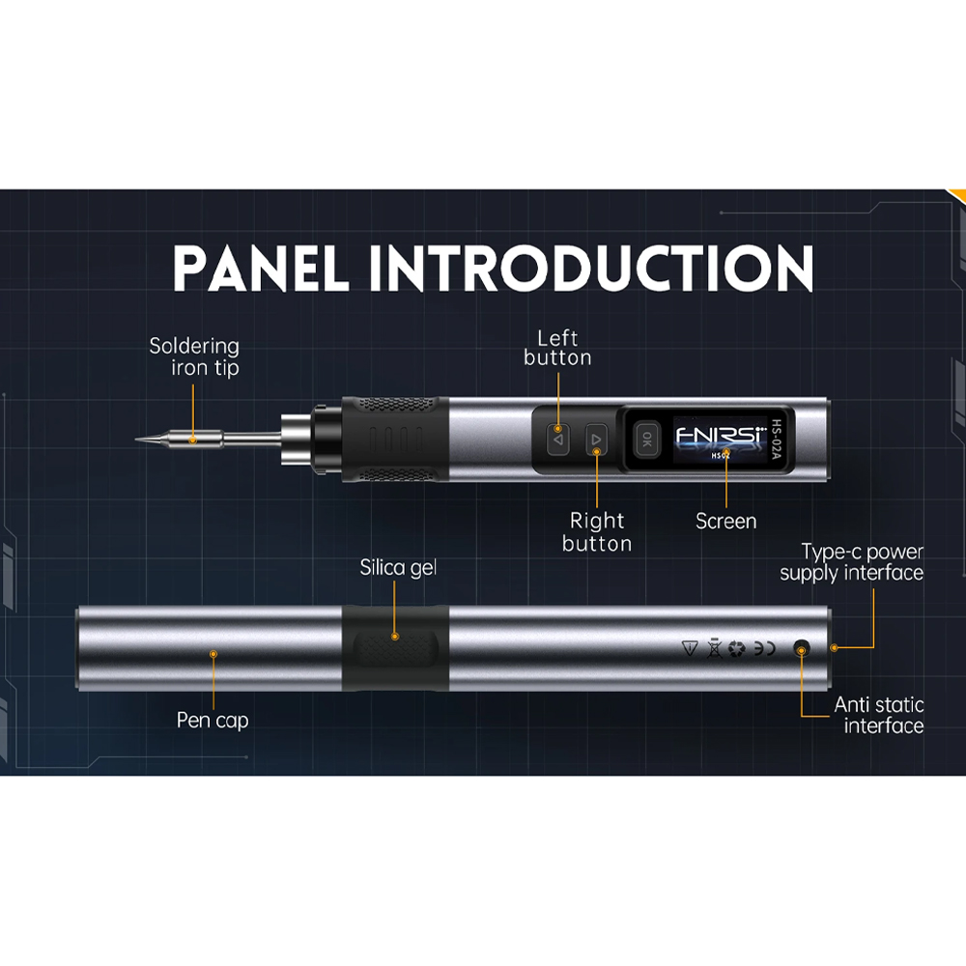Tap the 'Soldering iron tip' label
pos(194,356)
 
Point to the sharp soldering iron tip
pos(137,440)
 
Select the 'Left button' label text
pos(557,348)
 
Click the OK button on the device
pos(646,440)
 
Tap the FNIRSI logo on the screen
pos(721,435)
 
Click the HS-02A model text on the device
pos(776,440)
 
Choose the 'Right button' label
pos(597,532)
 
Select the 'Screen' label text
pos(725,522)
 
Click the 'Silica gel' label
pos(398,567)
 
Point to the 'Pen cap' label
pos(213,721)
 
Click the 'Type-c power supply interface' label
pos(851,562)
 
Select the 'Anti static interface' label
pos(878,715)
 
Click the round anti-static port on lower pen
pos(801,649)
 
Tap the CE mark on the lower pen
pos(764,649)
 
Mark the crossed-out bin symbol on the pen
pos(714,649)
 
